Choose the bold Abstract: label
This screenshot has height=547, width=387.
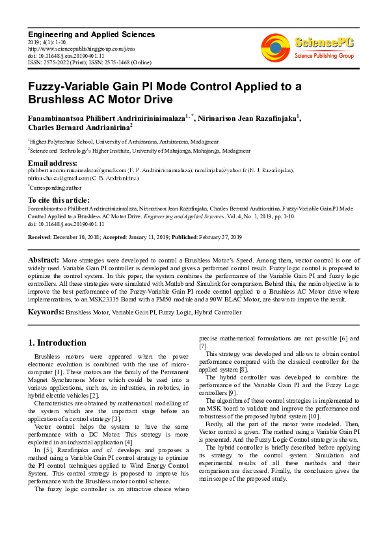44,260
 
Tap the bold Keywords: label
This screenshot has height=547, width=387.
46,312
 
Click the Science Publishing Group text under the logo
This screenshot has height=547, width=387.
323,57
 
